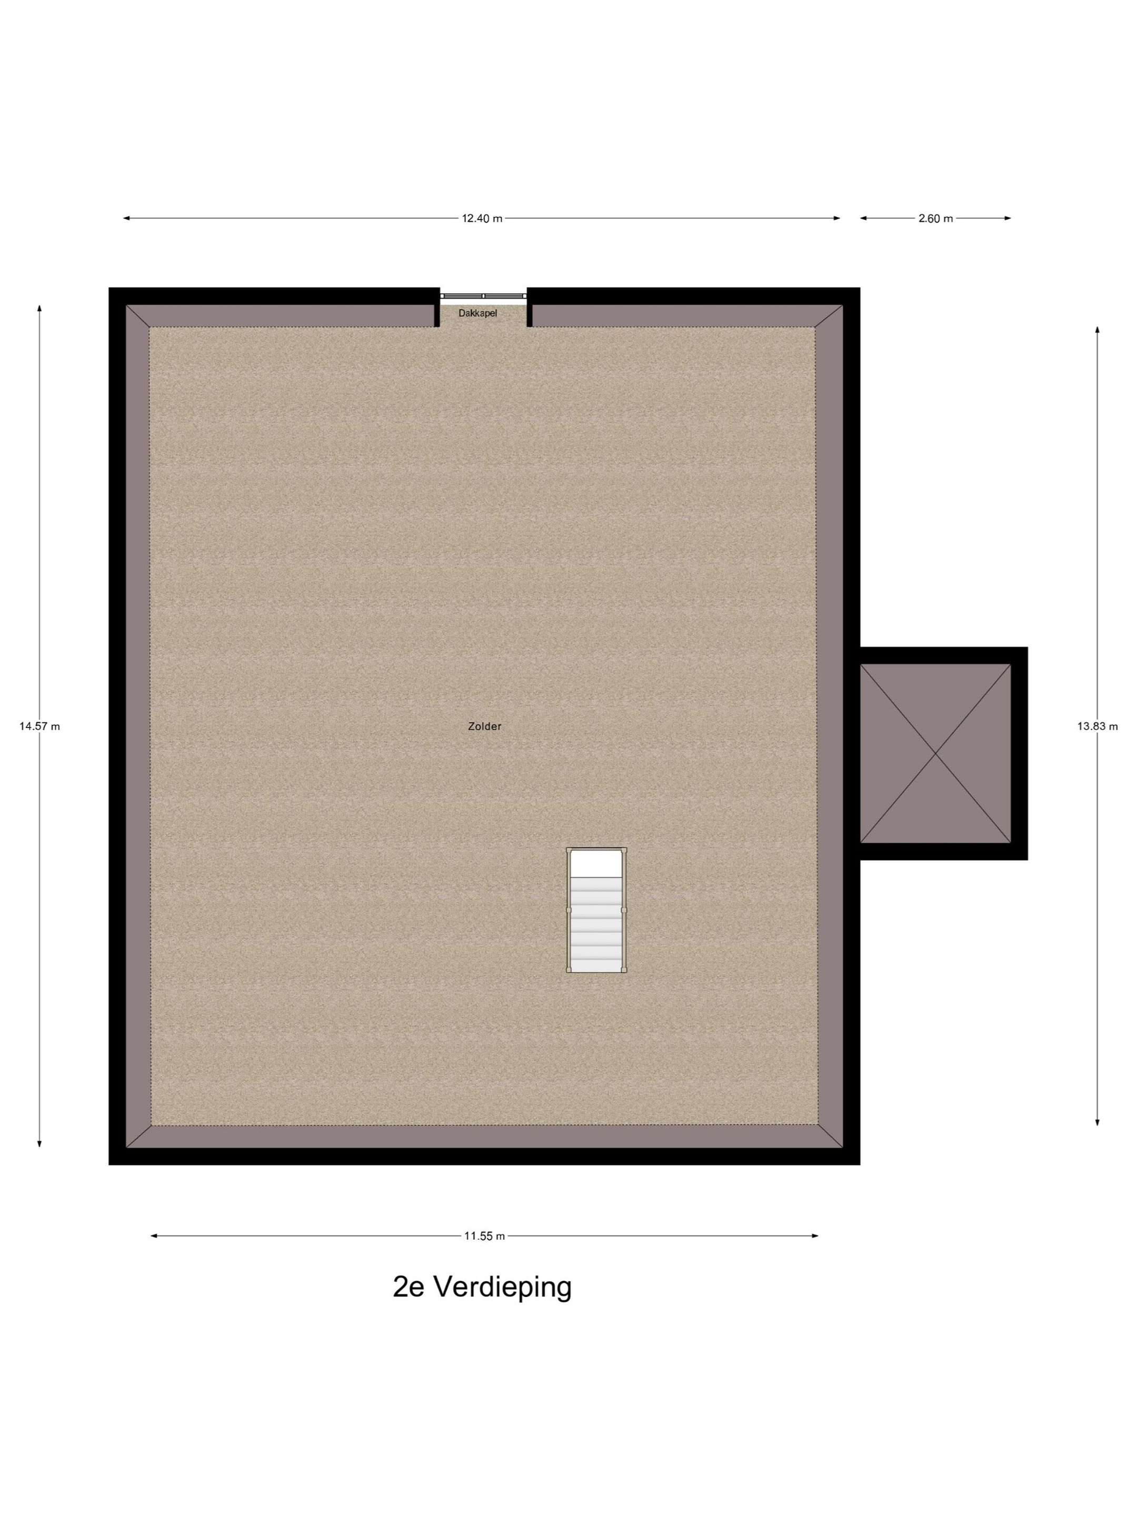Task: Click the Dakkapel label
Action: (x=477, y=313)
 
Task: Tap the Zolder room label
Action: (x=485, y=726)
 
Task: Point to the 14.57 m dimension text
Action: (x=40, y=726)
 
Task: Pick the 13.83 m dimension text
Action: (x=1097, y=726)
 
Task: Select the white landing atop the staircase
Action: (x=596, y=864)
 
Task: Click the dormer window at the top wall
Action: (x=483, y=295)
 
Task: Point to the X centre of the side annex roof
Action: (x=935, y=753)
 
